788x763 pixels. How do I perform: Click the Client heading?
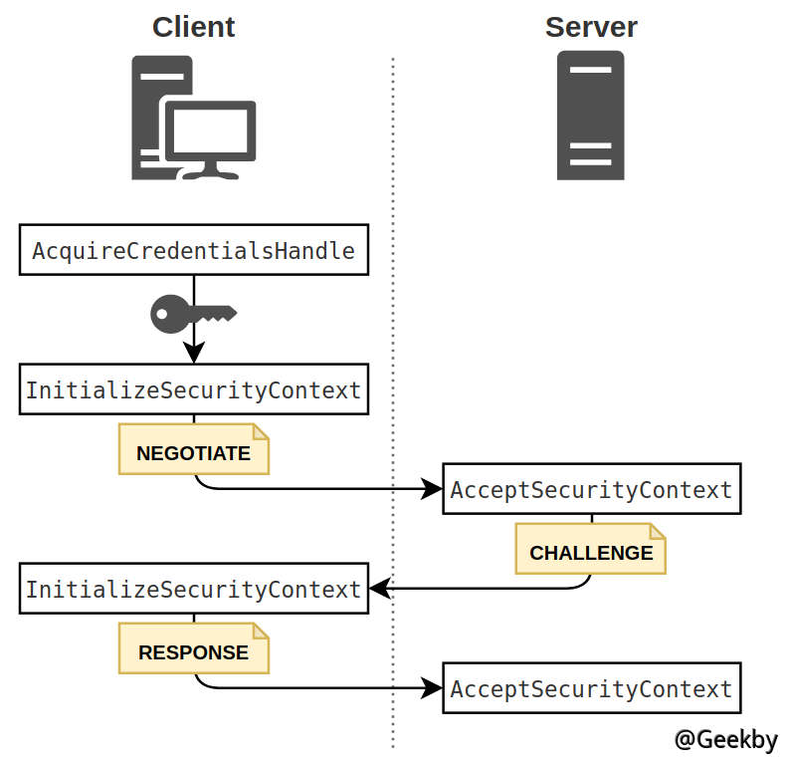193,27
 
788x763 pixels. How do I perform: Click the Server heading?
591,27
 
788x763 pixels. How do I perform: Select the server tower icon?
591,116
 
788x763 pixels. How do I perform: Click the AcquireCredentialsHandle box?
194,250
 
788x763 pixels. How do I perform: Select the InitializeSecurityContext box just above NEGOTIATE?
194,389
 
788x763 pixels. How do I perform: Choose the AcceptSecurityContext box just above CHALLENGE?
591,489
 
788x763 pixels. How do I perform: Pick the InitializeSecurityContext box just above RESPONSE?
194,589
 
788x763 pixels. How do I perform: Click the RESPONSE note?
194,652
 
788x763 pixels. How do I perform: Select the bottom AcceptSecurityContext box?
591,688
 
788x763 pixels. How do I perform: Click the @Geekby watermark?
725,740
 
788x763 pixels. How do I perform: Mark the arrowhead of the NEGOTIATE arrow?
433,489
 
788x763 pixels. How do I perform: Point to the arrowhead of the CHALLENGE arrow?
379,589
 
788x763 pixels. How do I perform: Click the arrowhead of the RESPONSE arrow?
433,688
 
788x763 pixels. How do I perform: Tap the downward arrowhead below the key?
194,354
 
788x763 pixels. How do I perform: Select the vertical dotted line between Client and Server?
393,398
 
